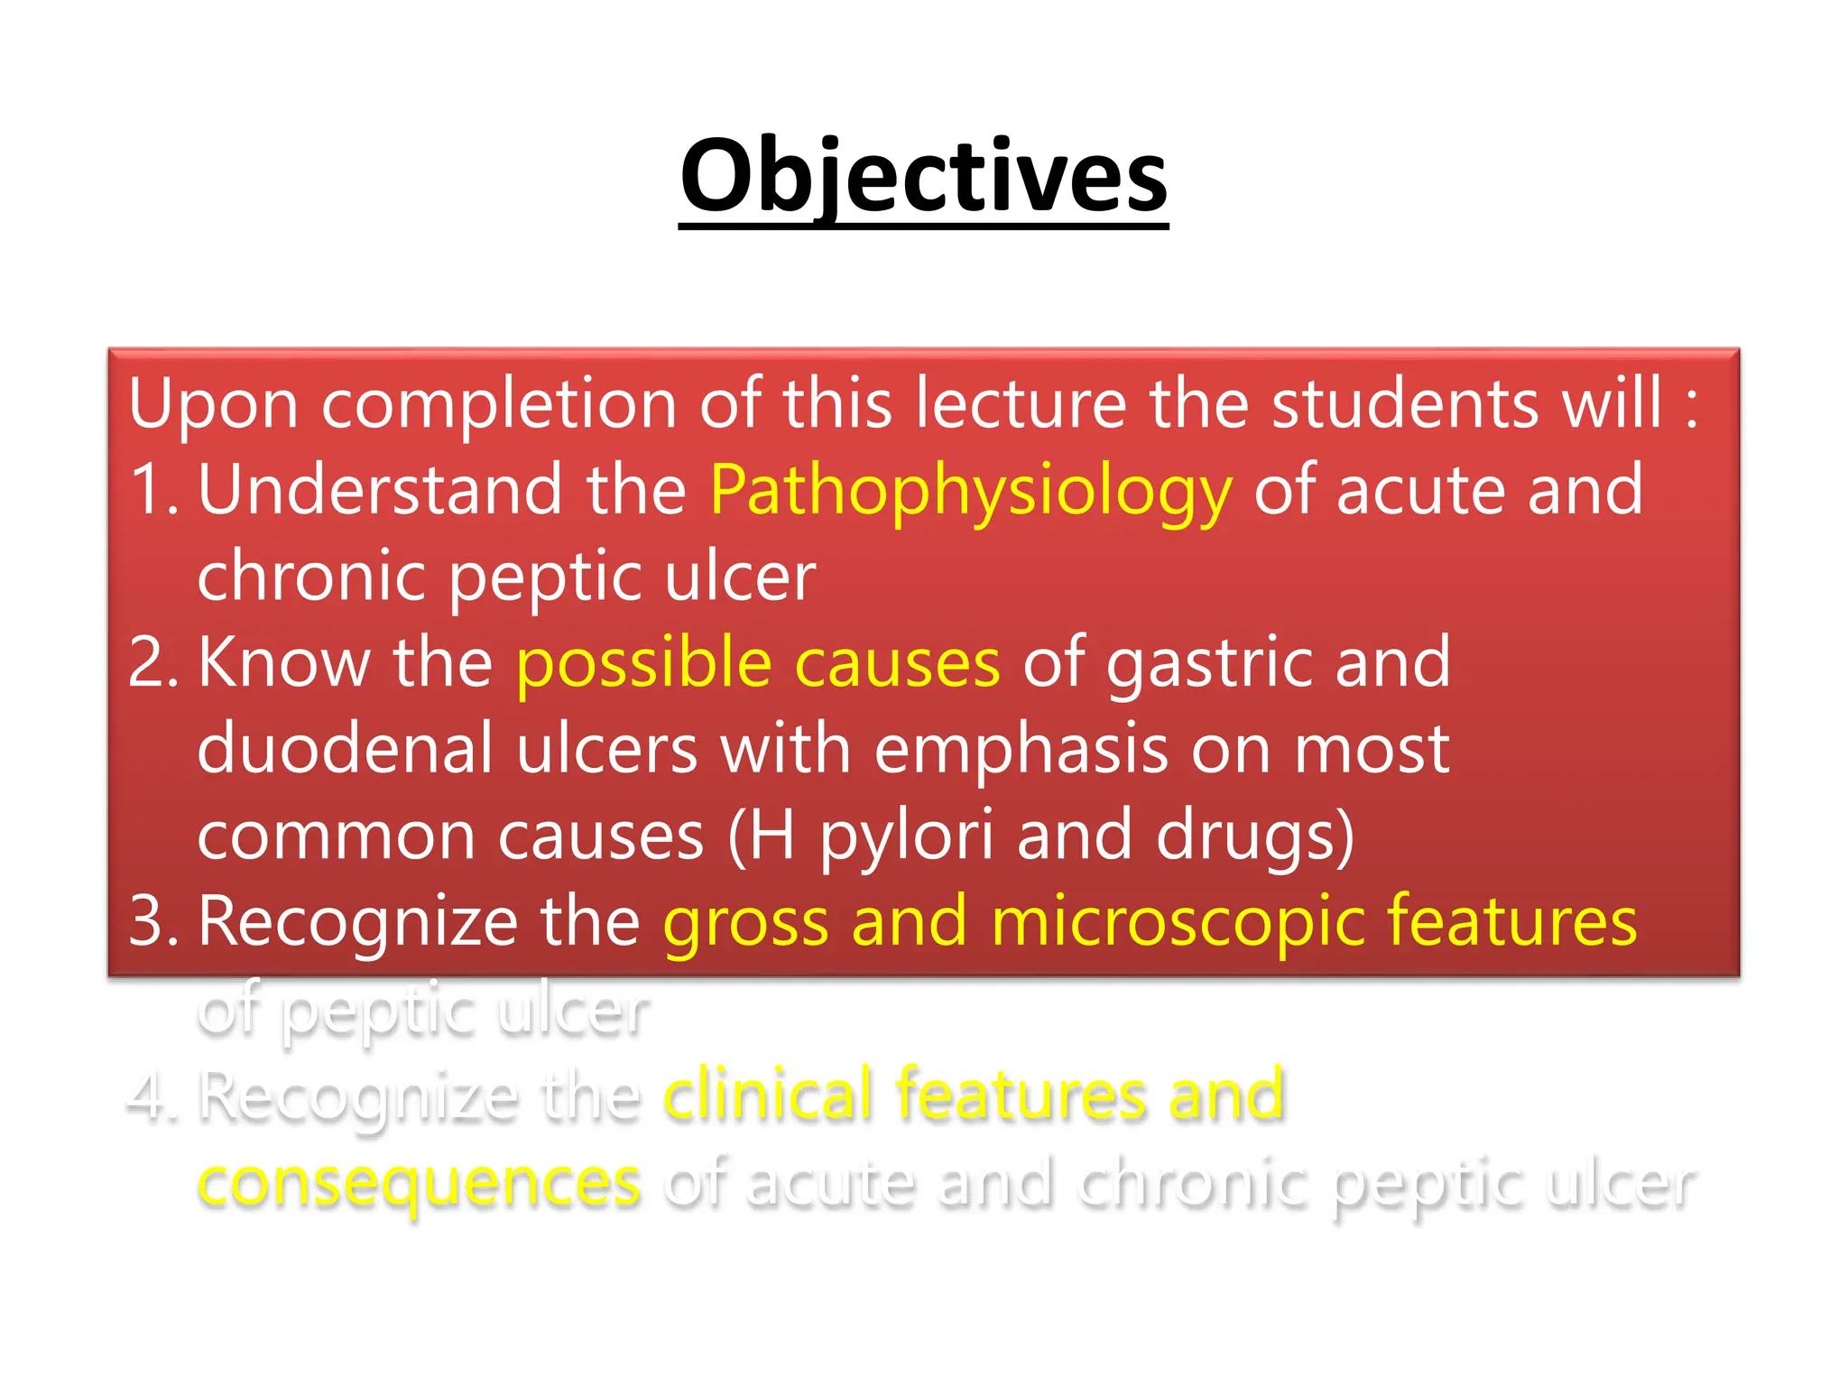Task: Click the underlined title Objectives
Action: pos(923,176)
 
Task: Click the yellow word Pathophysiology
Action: pos(970,492)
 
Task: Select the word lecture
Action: pos(1021,403)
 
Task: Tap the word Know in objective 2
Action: pos(283,663)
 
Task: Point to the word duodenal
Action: pos(345,749)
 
